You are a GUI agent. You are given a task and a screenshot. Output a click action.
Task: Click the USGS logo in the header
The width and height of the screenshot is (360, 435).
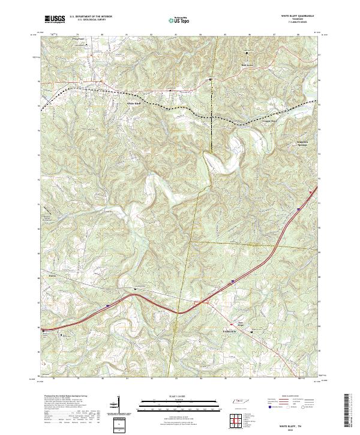click(55, 19)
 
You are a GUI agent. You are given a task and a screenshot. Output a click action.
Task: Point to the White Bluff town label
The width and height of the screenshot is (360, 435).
click(133, 104)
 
